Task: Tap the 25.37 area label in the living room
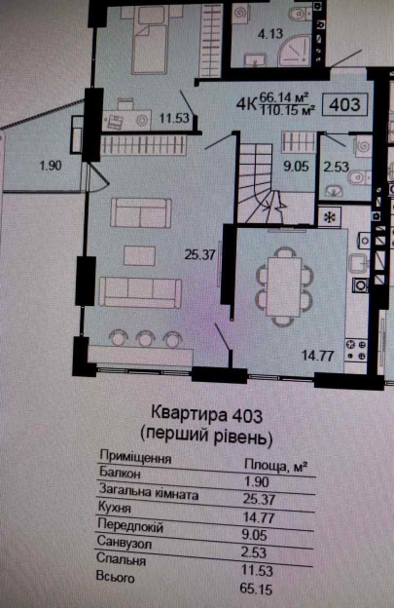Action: [x=198, y=257]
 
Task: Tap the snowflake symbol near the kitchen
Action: [x=332, y=217]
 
